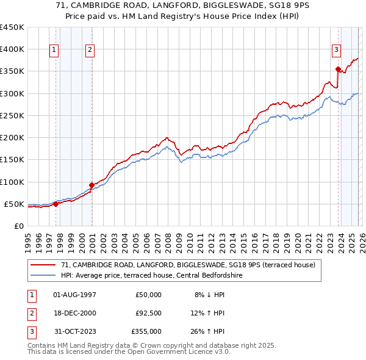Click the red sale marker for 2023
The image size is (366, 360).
tap(338, 69)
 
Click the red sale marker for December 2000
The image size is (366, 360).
tap(91, 185)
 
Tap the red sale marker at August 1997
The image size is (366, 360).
tap(56, 204)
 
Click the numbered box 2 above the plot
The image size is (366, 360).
tap(90, 50)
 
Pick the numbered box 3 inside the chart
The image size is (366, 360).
tap(336, 50)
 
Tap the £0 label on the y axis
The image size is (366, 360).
tap(18, 226)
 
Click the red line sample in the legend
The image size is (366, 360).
tap(44, 265)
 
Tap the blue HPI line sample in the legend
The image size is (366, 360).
tap(44, 276)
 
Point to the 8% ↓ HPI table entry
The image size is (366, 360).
tap(210, 295)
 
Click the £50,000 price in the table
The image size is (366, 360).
tap(148, 295)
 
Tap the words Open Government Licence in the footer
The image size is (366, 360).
tap(173, 352)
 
